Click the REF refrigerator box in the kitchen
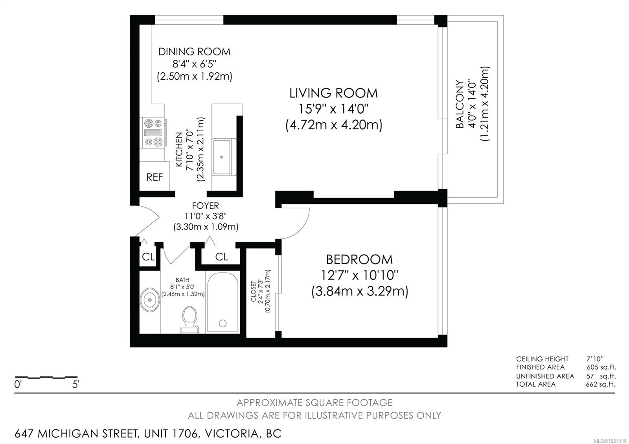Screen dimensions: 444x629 tap(154, 177)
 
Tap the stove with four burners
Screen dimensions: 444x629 tap(153, 133)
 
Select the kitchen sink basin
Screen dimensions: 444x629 tap(222, 157)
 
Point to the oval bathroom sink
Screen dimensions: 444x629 tap(150, 300)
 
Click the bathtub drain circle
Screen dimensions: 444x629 tap(223, 323)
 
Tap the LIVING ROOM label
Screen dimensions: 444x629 tap(333, 93)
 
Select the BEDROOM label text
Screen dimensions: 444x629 tap(359, 259)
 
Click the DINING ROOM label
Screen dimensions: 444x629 tap(194, 51)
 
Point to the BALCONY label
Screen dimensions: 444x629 tap(460, 104)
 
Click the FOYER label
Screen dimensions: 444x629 tap(205, 205)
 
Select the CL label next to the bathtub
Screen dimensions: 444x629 tap(221, 257)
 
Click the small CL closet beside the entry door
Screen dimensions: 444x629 tap(148, 257)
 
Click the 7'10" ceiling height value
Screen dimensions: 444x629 tap(595, 359)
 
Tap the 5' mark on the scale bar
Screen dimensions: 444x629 tap(76, 384)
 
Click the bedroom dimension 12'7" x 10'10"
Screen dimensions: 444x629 tap(359, 275)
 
